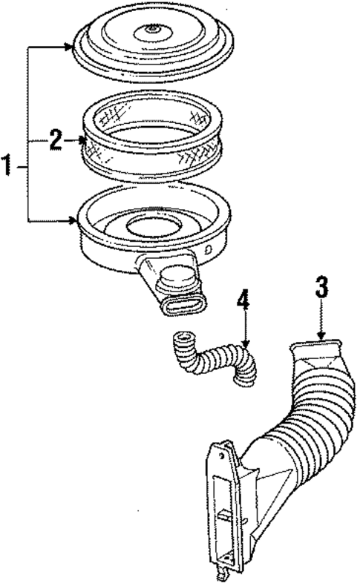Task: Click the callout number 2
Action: point(56,140)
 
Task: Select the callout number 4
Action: point(243,304)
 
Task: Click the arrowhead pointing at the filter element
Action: point(82,139)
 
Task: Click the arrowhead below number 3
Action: point(321,338)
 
